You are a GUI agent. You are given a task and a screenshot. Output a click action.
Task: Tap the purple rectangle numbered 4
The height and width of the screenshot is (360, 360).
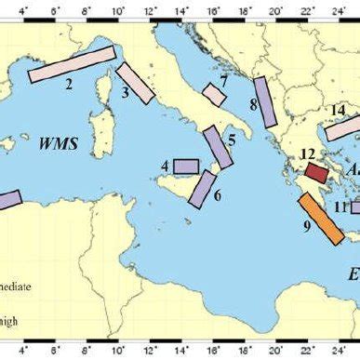pos(186,166)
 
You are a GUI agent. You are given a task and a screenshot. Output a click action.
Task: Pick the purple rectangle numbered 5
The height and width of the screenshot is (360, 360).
pos(218,146)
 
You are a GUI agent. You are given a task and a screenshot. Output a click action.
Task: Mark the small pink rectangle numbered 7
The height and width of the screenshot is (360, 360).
pos(215,94)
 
